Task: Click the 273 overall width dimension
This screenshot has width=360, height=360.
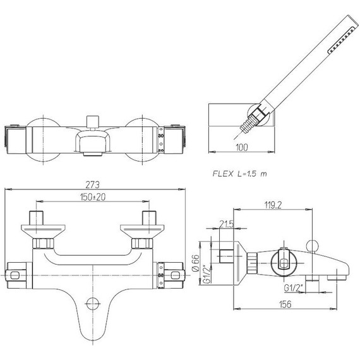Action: [92, 184]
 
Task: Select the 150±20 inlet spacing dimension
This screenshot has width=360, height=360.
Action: [93, 197]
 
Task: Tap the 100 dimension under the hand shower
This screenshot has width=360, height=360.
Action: [242, 147]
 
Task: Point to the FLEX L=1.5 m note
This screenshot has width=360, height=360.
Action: [240, 174]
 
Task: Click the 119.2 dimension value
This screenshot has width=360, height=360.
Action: [273, 205]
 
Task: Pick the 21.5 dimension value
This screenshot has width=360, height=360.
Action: [226, 224]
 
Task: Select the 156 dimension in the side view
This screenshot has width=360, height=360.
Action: [285, 304]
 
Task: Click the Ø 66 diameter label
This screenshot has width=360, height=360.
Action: [196, 263]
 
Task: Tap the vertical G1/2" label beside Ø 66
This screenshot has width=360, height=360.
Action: [207, 274]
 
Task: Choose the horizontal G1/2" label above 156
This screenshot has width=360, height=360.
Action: [294, 288]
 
